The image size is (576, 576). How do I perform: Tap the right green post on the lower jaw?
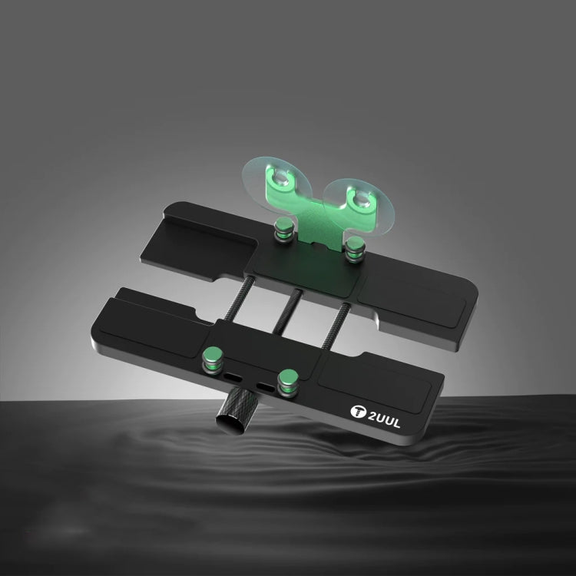coord(288,377)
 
